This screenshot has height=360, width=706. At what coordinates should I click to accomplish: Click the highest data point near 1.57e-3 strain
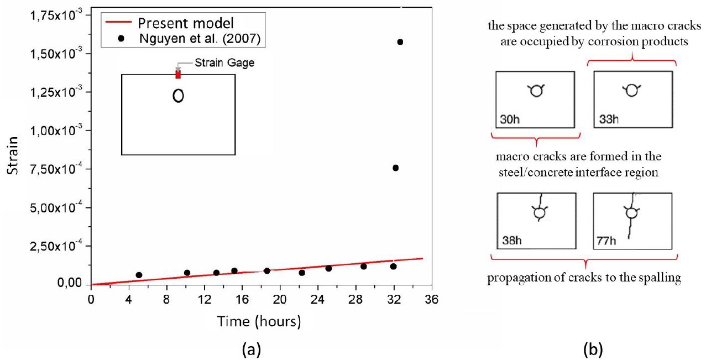[x=400, y=42]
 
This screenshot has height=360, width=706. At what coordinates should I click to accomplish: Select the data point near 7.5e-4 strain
[x=395, y=168]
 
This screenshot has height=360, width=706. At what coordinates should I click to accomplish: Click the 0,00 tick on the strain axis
[x=70, y=284]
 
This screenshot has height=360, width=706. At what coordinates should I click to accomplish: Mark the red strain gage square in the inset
[x=178, y=75]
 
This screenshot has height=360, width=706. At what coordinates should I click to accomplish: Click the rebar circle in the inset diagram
[x=178, y=96]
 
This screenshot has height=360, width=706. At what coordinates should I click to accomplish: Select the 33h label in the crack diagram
[x=609, y=119]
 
